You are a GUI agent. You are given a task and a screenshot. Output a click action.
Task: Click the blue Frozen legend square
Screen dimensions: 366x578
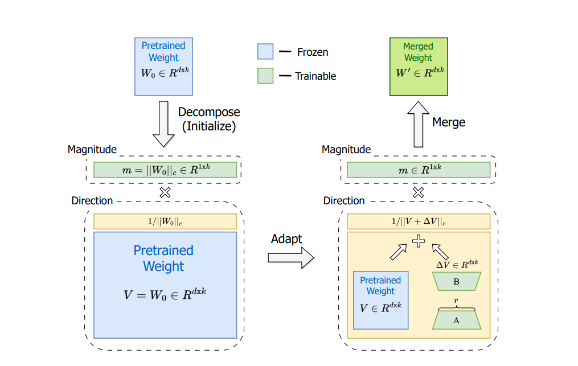pos(265,52)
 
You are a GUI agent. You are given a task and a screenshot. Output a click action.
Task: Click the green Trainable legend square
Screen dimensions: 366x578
pos(265,76)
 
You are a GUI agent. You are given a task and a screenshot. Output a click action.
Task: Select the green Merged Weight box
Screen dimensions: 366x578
pos(418,66)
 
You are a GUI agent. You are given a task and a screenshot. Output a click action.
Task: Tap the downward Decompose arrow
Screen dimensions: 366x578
pos(163,124)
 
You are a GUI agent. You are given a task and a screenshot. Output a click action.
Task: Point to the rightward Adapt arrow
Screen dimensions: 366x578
pos(290,257)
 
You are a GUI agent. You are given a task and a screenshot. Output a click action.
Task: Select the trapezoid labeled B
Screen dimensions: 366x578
pos(456,281)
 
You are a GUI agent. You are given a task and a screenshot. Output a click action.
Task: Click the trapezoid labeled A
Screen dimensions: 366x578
pos(456,320)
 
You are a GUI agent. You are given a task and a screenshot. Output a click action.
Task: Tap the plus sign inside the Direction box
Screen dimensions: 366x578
pos(419,241)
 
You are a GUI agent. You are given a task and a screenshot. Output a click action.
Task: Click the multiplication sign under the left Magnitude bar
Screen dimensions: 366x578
pos(165,192)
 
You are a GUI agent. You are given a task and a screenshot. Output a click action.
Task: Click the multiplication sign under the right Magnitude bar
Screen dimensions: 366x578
pos(419,192)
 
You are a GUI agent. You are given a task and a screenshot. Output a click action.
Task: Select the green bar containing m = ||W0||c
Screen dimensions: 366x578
pos(165,170)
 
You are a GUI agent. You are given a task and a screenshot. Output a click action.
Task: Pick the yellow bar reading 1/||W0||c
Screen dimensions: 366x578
pos(165,221)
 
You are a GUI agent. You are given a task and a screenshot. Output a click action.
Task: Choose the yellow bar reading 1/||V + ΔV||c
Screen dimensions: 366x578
pos(419,221)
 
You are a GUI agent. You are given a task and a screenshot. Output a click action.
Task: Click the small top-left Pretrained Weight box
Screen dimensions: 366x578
pos(163,66)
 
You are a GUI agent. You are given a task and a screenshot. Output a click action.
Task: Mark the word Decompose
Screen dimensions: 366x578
pos(209,112)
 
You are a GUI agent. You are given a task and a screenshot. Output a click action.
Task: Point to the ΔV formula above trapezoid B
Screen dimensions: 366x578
pos(457,264)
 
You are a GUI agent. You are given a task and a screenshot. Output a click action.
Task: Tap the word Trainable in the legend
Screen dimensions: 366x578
pos(315,76)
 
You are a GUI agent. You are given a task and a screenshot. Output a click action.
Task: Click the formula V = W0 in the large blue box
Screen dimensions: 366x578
pos(165,294)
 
